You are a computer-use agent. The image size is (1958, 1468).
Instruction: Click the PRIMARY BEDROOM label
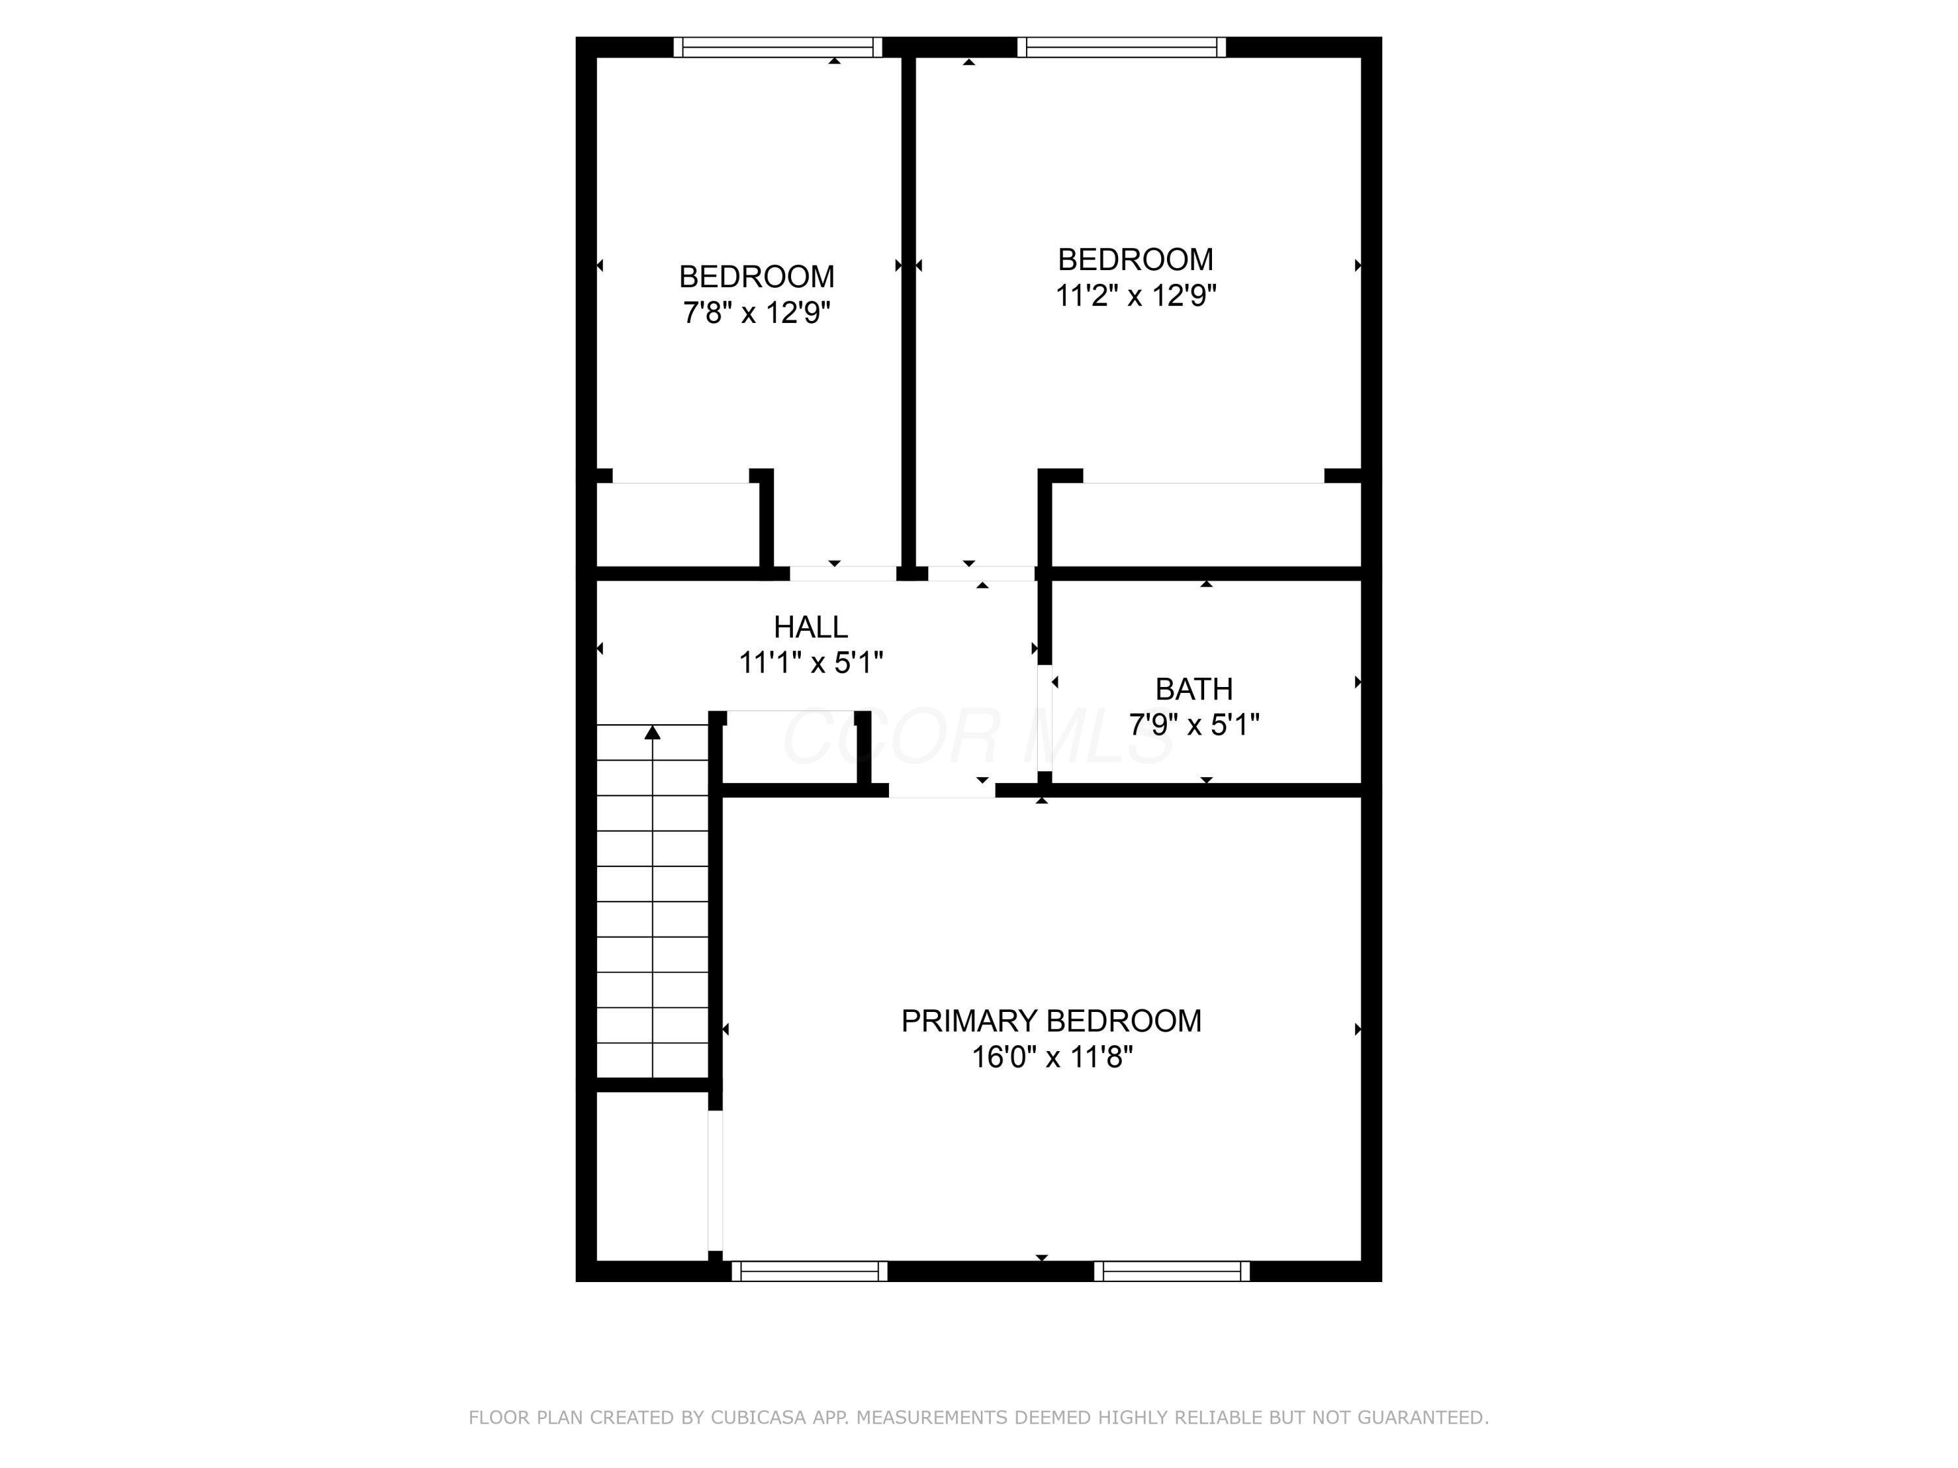1051,1021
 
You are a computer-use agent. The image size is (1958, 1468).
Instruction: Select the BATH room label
1193,688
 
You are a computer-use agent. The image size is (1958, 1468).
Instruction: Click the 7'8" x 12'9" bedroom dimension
756,313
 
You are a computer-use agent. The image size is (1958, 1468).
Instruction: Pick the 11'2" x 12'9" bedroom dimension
1136,296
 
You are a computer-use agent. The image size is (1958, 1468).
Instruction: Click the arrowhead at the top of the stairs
653,732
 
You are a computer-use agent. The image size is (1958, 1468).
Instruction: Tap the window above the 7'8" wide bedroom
778,47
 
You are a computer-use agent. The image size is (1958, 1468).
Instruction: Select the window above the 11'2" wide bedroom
1121,47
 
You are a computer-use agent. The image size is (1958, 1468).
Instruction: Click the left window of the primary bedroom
809,1271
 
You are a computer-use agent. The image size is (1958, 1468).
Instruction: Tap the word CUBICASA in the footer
758,1418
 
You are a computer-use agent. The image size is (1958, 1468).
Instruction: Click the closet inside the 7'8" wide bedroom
678,524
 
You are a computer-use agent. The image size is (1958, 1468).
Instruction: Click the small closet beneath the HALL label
790,747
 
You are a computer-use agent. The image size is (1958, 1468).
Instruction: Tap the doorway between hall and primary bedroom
942,790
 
